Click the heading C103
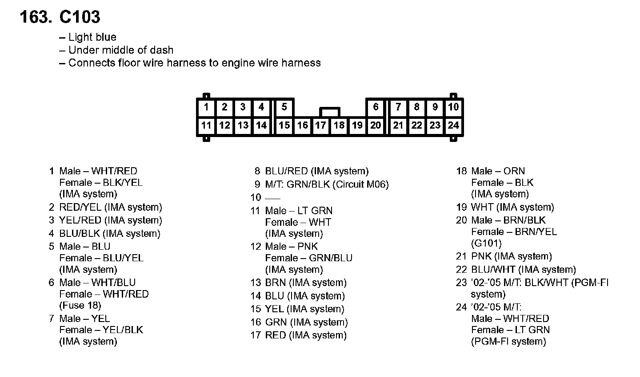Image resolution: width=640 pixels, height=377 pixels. coord(80,17)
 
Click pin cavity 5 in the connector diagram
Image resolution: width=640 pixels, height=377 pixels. coord(284,107)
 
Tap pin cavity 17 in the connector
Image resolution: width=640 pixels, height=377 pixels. coord(320,126)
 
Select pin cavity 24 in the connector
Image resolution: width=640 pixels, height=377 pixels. coord(453,126)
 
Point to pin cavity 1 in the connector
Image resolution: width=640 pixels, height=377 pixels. coord(206,107)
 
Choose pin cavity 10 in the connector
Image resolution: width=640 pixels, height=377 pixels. coord(453,107)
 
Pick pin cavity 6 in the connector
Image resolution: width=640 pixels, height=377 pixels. coord(376,107)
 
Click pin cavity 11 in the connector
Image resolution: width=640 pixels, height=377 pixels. coord(206,126)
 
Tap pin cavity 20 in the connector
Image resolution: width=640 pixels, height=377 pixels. coord(376,126)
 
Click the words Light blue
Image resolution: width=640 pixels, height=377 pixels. coord(92,37)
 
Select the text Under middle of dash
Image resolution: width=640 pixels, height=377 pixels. coord(121,50)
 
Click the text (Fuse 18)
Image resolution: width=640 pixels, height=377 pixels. coord(80,306)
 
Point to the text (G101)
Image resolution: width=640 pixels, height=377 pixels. coord(486,243)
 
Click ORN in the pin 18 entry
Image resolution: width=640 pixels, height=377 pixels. coord(514,171)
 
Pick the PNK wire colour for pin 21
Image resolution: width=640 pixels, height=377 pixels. coord(481,256)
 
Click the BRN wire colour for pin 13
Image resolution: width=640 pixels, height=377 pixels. coord(275,283)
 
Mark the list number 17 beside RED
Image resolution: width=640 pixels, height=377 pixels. coord(255,335)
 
